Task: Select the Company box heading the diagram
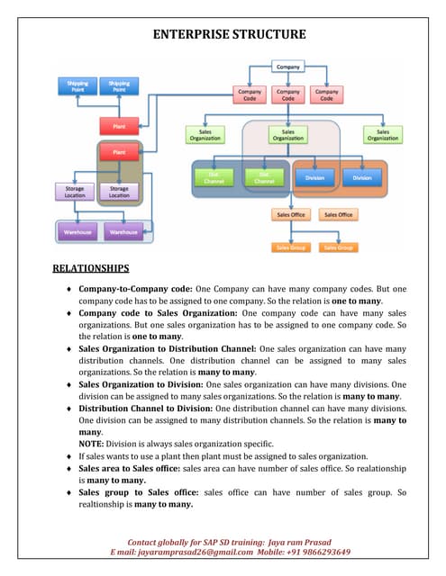click(287, 67)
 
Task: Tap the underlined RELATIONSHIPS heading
click(90, 267)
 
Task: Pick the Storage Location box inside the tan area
click(119, 191)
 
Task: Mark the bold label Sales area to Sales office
click(129, 468)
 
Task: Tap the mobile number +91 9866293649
click(310, 552)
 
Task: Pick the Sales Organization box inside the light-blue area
click(287, 134)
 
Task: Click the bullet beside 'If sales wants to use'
click(69, 456)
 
